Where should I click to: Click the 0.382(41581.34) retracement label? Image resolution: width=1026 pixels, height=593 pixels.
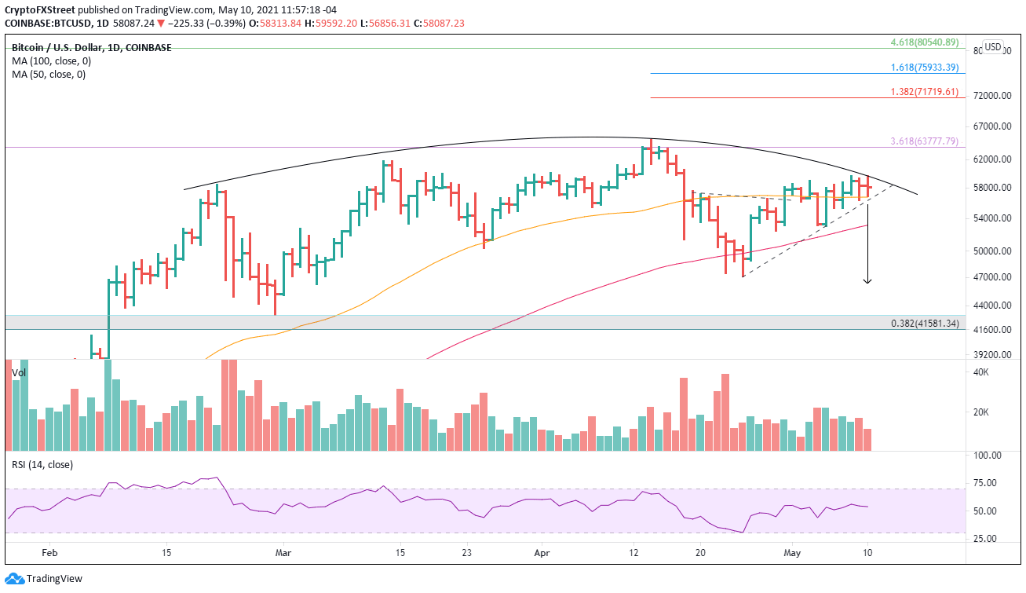coord(925,324)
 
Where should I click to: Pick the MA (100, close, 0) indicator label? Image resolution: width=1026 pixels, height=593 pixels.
coord(49,61)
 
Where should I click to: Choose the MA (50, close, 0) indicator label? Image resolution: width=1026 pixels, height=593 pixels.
coord(47,75)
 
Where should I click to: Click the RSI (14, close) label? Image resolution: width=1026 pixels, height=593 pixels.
coord(42,464)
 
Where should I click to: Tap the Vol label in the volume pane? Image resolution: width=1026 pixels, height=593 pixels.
coord(19,372)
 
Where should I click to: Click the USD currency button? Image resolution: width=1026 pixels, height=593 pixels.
coord(992,47)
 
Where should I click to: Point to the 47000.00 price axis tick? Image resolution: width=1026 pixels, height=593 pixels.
coord(990,277)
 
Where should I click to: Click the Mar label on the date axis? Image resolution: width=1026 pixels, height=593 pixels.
coord(283,553)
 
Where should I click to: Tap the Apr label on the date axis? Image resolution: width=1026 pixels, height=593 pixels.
coord(542,553)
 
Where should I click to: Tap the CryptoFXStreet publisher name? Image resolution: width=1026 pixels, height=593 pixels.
coord(41,9)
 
